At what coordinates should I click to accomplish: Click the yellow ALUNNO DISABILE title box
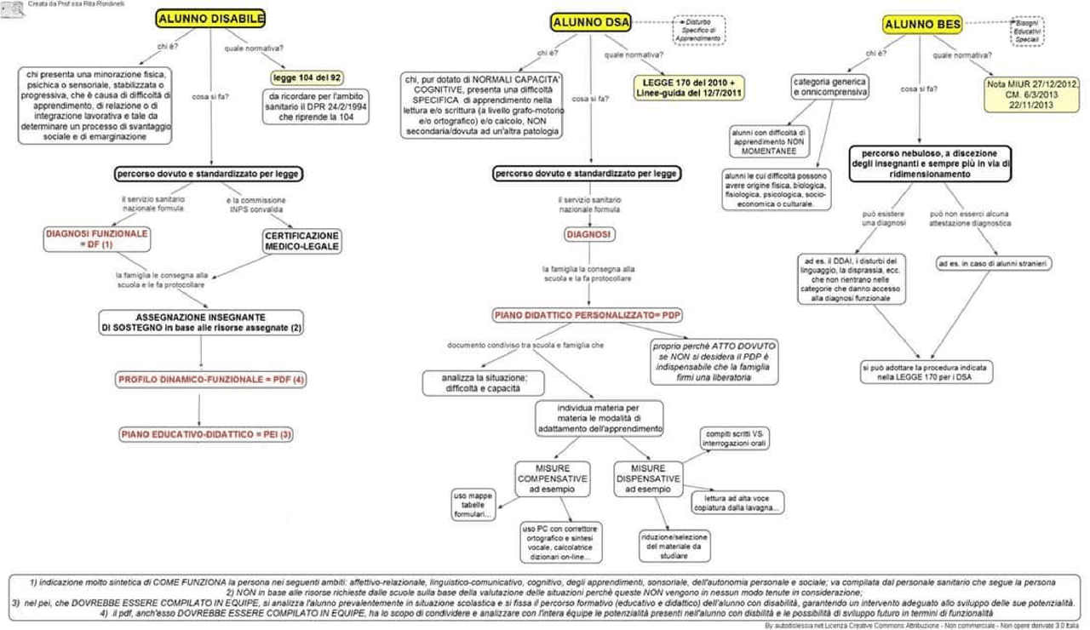tap(211, 19)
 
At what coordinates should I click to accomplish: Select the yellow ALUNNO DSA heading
tap(591, 23)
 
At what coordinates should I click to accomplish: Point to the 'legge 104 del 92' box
tap(307, 77)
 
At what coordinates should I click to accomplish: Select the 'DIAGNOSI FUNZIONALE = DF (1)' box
tap(96, 238)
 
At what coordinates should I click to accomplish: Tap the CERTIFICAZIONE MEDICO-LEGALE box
tap(302, 241)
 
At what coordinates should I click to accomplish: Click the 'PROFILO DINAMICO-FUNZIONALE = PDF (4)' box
tap(211, 381)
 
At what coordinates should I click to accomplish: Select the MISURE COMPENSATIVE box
tap(552, 478)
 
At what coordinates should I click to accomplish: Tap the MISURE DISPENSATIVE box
tap(648, 478)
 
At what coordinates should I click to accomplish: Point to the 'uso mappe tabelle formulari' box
tap(474, 504)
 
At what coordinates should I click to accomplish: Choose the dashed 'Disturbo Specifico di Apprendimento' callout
tap(699, 30)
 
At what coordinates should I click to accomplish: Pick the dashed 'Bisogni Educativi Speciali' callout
tap(1028, 31)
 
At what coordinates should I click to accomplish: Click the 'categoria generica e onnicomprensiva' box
tap(830, 86)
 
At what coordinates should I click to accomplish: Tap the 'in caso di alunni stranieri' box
tap(993, 264)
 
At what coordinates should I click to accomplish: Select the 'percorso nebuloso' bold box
tap(928, 163)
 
